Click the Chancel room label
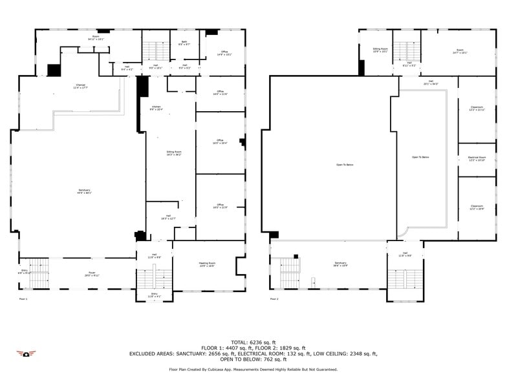point(80,87)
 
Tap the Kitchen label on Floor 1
point(156,107)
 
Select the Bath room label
point(184,44)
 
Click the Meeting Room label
point(206,264)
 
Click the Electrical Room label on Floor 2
point(477,158)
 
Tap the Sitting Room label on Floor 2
point(380,50)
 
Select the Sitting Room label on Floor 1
point(173,154)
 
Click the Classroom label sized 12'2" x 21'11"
point(477,108)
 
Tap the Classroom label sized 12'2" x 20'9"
point(477,207)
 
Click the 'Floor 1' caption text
point(23,299)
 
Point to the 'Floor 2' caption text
point(274,299)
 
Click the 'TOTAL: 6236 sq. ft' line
point(253,342)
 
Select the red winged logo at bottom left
point(27,354)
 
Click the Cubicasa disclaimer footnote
point(253,369)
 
